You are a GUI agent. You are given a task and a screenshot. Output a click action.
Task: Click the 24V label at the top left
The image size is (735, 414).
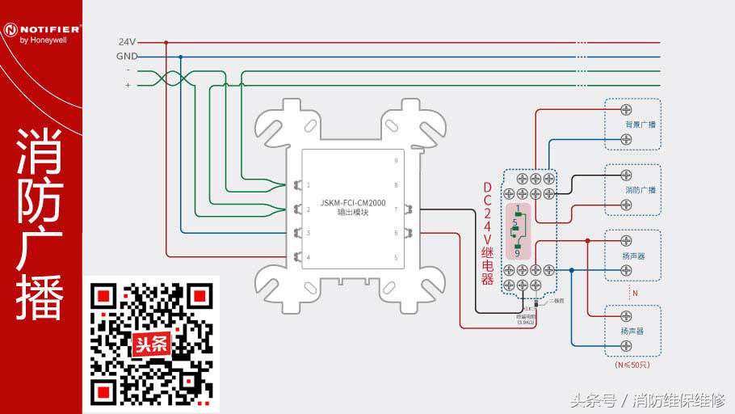[x=127, y=41]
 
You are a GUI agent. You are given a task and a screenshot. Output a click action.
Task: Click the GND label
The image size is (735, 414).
[x=126, y=56]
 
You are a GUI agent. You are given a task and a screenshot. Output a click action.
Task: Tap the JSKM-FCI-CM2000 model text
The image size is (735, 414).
[x=353, y=202]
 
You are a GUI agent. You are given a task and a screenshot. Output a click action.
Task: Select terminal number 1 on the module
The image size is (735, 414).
[x=308, y=185]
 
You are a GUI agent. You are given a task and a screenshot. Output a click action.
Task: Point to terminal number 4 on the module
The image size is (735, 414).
[x=308, y=257]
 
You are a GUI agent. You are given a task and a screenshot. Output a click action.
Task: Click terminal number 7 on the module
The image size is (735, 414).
[x=396, y=209]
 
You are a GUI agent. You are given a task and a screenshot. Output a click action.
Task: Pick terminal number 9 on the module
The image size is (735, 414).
[x=396, y=161]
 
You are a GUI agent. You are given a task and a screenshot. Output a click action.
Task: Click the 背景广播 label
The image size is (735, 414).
[x=640, y=125]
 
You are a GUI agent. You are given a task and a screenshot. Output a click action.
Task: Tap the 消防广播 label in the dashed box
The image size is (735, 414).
[x=640, y=190]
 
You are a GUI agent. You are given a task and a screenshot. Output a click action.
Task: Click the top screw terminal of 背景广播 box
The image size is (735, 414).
[x=626, y=109]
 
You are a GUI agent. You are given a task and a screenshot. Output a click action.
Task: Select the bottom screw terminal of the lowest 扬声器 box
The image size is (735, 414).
[x=626, y=345]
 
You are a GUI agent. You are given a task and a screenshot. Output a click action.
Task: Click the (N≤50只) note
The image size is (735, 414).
[x=632, y=365]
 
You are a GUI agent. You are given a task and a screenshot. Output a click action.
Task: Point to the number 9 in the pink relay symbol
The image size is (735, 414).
[x=518, y=253]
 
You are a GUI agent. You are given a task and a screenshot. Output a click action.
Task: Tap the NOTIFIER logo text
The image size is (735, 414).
[x=45, y=28]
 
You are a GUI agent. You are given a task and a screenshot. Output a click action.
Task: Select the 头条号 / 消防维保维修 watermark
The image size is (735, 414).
[x=647, y=399]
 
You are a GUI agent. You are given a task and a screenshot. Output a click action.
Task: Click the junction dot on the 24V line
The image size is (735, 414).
[x=166, y=42]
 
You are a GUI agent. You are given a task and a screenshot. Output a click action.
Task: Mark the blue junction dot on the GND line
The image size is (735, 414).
[x=180, y=57]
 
